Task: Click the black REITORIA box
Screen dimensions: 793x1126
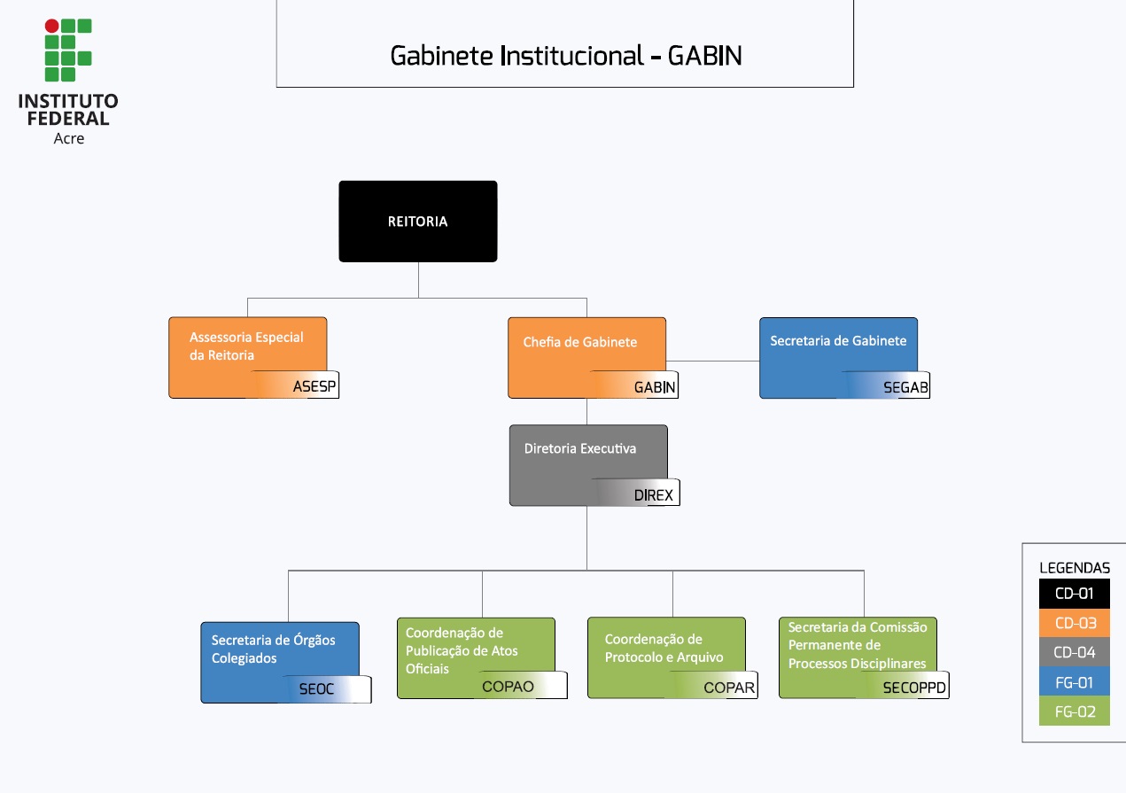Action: [417, 222]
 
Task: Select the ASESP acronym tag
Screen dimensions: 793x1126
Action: [315, 386]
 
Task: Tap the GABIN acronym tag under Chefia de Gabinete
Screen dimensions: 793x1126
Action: [655, 387]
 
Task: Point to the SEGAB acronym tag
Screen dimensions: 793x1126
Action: [905, 387]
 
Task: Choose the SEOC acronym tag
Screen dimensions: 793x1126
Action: [316, 688]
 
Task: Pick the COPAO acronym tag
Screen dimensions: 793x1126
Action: [508, 686]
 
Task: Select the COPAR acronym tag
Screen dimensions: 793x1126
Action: [728, 687]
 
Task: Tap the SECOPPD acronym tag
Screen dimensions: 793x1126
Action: [914, 687]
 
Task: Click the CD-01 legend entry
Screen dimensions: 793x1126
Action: [1074, 594]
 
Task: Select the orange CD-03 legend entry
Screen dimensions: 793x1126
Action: [1074, 623]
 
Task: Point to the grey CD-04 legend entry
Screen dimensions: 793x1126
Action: [1074, 653]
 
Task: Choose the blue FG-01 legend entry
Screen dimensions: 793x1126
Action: [1074, 682]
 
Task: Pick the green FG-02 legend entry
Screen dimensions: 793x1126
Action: [1074, 711]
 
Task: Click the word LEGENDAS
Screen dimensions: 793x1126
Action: [1074, 568]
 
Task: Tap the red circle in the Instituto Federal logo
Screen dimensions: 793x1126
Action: [52, 27]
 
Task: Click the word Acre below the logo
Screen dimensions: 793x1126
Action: [69, 138]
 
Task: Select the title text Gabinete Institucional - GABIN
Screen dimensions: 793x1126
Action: [565, 56]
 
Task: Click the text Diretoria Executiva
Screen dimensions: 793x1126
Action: [579, 448]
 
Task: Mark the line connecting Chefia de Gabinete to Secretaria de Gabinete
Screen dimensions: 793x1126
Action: [718, 361]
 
